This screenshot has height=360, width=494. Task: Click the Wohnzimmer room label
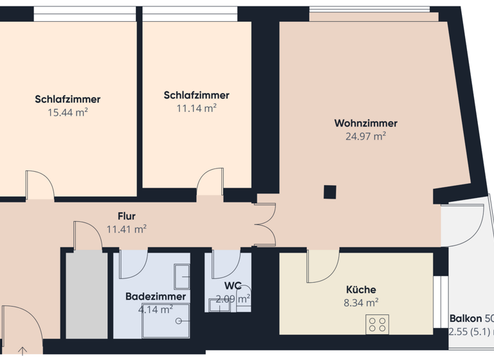point(365,123)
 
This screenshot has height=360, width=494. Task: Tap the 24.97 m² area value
point(365,136)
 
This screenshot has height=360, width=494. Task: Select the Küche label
point(361,290)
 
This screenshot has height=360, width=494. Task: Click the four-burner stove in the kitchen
point(378,325)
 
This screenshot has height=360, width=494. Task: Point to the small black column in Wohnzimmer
point(329,191)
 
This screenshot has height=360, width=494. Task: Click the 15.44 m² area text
point(68,112)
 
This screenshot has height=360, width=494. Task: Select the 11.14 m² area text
point(196,108)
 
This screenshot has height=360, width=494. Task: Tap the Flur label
point(127,216)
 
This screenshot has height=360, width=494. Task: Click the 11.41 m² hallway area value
point(127,229)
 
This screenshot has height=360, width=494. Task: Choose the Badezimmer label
point(156,296)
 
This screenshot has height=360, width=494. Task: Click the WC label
point(233,285)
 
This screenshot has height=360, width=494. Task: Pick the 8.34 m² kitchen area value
point(361,302)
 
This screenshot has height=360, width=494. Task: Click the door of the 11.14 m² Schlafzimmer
point(210,183)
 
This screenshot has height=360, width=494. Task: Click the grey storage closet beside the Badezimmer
point(86,295)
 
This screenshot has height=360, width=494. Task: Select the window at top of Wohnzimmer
point(369,9)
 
